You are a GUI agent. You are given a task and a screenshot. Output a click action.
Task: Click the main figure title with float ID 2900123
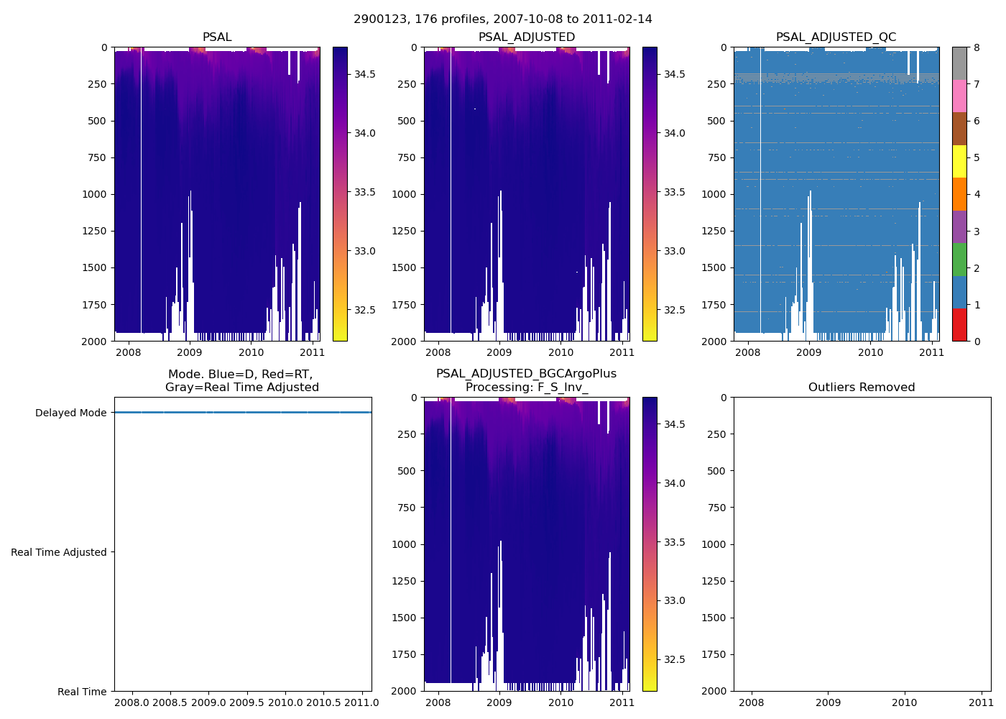(503, 19)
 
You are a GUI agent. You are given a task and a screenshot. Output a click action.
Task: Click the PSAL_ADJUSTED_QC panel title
(836, 37)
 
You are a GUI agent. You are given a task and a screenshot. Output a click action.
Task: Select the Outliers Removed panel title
(862, 388)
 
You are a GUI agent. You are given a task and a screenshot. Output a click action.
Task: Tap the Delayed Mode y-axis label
(70, 413)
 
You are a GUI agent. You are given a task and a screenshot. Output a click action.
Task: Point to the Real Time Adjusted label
(59, 552)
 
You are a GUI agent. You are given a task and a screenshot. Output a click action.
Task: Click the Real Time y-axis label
(82, 692)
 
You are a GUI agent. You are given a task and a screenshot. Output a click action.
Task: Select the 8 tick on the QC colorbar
(977, 47)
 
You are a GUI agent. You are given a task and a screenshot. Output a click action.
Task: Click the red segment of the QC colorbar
(959, 324)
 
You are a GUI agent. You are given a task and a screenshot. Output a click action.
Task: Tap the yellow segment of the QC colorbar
(959, 161)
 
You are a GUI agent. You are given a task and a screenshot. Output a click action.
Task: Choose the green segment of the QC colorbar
(959, 259)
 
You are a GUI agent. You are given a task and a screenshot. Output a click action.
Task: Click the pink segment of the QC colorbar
(959, 96)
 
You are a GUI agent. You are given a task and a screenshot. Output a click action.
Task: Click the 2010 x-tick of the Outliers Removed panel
(905, 702)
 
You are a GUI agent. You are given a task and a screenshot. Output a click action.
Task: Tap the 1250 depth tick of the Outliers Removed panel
(715, 581)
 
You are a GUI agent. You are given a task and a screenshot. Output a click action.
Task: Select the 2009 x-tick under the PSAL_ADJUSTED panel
(499, 352)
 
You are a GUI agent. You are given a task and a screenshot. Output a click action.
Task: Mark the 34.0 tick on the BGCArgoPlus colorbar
(675, 483)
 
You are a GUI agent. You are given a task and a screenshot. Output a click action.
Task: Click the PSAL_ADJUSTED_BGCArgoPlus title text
(526, 374)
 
